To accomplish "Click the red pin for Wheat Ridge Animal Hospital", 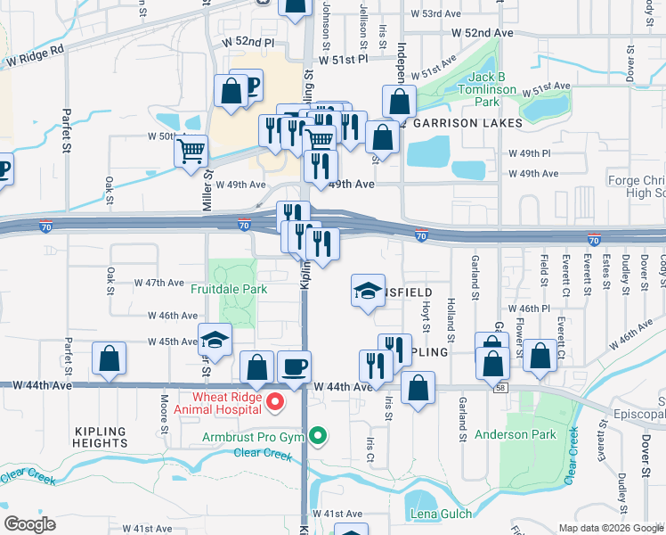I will click(275, 403).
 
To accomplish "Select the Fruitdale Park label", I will click(229, 289).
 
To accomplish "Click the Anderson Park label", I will click(516, 434).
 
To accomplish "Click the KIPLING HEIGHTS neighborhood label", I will click(101, 437).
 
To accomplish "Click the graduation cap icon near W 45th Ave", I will click(215, 339).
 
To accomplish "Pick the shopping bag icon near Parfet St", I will click(109, 358).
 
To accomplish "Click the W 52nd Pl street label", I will click(250, 42).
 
